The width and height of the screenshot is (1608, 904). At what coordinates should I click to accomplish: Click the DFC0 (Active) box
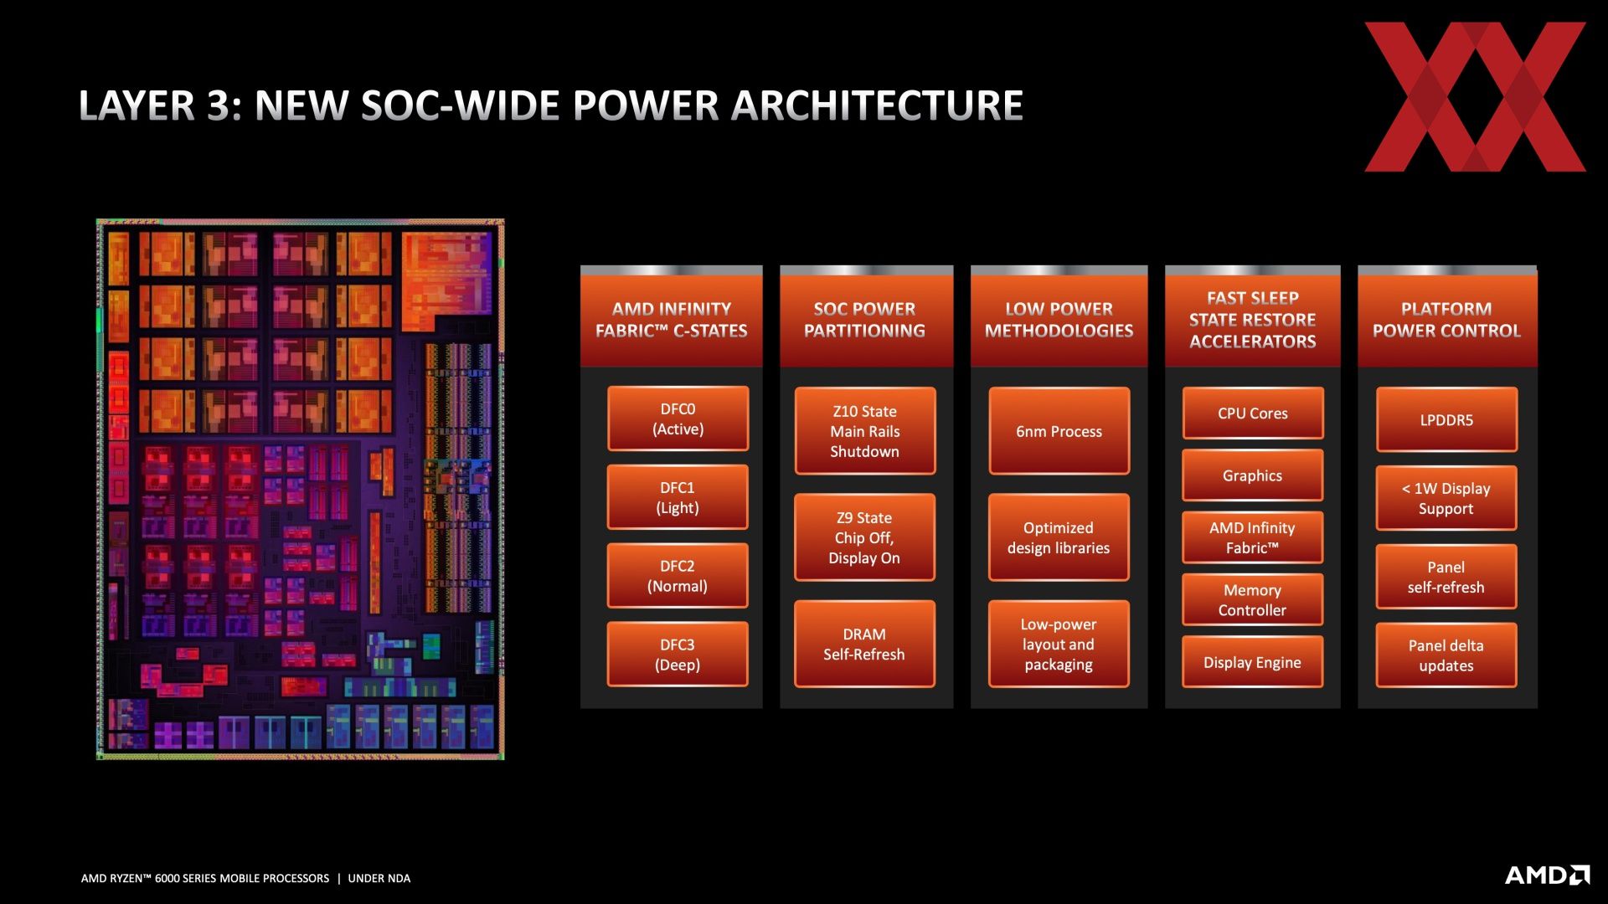pos(678,419)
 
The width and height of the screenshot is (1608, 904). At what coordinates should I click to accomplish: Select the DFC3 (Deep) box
pos(678,655)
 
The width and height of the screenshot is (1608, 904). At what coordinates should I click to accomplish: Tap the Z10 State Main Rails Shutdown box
pos(864,431)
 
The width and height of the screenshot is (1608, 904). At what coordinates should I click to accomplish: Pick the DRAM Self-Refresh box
pos(864,644)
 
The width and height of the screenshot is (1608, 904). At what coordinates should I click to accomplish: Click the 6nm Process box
pos(1059,431)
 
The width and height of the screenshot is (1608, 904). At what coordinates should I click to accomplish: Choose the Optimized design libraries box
pos(1059,537)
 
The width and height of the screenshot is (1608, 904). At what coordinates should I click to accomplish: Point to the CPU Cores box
pos(1253,413)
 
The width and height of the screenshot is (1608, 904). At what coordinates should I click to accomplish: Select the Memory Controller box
pos(1253,599)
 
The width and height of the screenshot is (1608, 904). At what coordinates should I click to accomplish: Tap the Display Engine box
pos(1253,662)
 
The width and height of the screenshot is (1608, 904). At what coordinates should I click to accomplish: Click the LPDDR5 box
pos(1446,419)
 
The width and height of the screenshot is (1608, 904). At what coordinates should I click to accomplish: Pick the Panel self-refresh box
pos(1446,577)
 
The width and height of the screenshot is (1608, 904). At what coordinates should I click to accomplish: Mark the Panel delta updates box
pos(1446,655)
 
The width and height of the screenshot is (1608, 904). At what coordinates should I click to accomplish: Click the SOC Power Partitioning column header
pos(866,319)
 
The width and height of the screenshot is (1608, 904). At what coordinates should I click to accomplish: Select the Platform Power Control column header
pos(1447,319)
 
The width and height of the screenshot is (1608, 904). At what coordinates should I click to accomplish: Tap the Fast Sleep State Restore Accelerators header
pos(1253,319)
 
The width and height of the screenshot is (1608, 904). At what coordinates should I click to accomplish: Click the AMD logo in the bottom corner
pos(1548,875)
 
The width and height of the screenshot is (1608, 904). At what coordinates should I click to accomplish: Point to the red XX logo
pos(1476,97)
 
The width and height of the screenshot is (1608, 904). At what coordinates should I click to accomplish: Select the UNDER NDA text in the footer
pos(379,878)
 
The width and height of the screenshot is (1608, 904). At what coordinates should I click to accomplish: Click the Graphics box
pos(1253,475)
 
